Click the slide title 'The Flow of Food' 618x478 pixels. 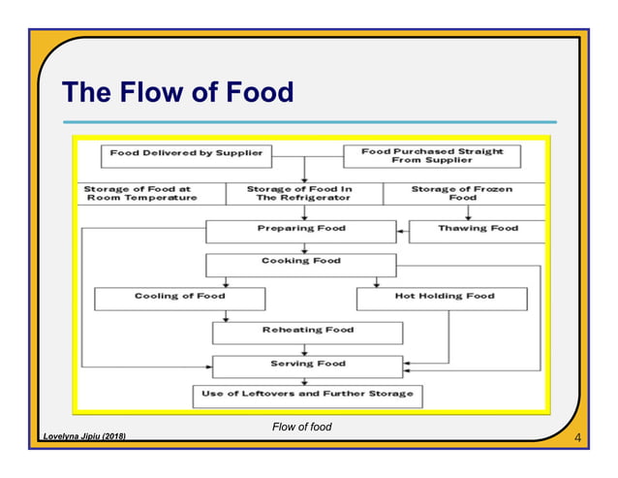(x=177, y=92)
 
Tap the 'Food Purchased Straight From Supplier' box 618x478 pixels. (x=432, y=155)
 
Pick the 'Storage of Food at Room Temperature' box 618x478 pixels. (x=139, y=193)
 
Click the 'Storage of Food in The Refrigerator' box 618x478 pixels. (x=304, y=193)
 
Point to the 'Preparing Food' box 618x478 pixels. (x=300, y=230)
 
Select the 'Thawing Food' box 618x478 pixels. (x=478, y=230)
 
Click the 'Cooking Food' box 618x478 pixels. (x=300, y=263)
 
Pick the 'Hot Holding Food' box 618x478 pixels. (x=444, y=297)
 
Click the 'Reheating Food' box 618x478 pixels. (x=307, y=332)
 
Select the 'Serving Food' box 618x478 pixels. (x=307, y=365)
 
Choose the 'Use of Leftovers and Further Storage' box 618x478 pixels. (x=307, y=394)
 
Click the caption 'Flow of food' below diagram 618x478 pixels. (x=301, y=427)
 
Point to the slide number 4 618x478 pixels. (x=577, y=439)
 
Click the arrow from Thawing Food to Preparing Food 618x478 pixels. (x=403, y=231)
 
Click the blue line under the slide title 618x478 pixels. (x=310, y=122)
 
